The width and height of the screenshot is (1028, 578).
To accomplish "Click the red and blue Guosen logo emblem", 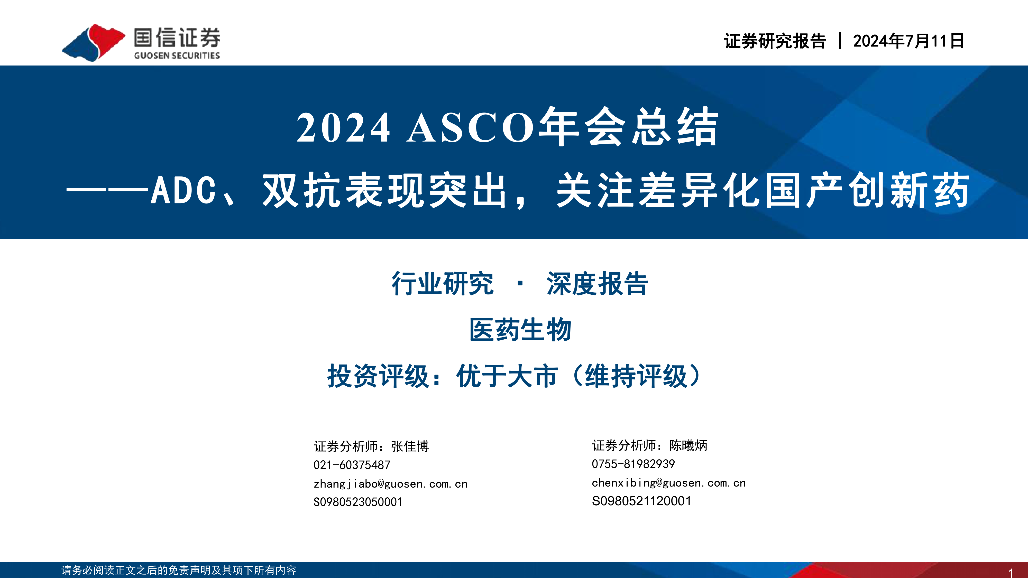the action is tap(93, 43).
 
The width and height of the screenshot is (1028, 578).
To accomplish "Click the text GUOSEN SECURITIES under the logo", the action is tap(177, 55).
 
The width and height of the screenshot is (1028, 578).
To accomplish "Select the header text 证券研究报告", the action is tap(775, 41).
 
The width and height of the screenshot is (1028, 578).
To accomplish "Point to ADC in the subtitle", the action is tap(183, 190).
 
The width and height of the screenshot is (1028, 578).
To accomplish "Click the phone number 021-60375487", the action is tap(352, 465).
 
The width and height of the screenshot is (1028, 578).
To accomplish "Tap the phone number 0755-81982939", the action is tap(633, 464).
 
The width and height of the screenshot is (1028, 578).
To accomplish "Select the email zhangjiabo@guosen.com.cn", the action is tap(390, 484).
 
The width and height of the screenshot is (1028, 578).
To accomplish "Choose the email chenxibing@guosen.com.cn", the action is tap(669, 483).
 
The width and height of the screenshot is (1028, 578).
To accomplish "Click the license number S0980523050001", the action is tap(358, 502).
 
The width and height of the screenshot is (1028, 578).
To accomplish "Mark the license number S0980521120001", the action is tap(641, 501).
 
